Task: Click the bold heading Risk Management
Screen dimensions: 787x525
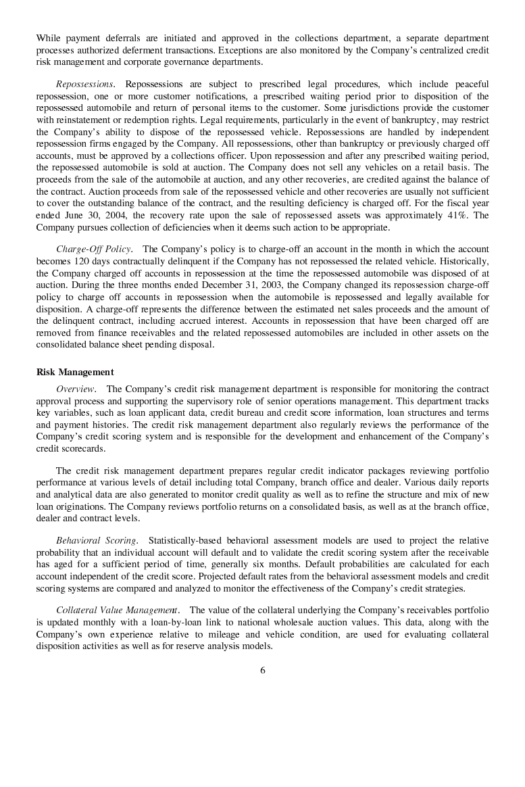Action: pos(74,373)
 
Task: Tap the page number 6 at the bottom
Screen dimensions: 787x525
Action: pos(262,671)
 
